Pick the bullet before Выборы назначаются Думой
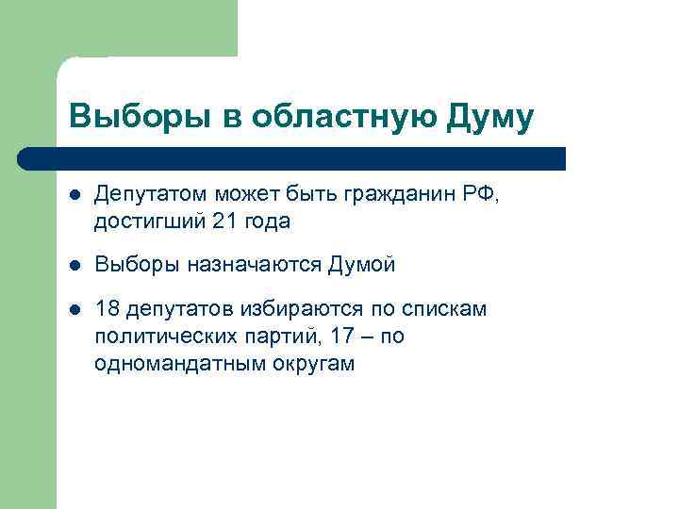pyautogui.click(x=75, y=266)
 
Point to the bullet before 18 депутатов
pyautogui.click(x=75, y=310)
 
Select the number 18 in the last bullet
pyautogui.click(x=108, y=310)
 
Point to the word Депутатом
pyautogui.click(x=150, y=195)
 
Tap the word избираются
pyautogui.click(x=304, y=310)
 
